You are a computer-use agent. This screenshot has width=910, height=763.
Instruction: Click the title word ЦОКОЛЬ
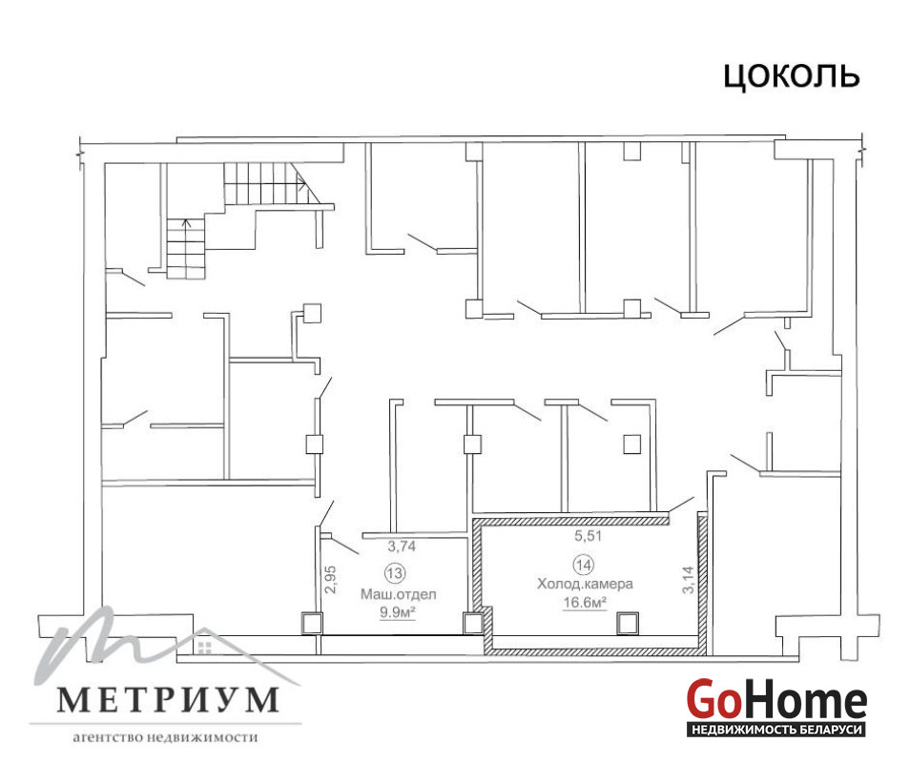click(791, 76)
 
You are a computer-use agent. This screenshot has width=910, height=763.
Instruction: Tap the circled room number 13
click(395, 573)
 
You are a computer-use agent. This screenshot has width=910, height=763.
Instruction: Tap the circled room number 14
click(583, 564)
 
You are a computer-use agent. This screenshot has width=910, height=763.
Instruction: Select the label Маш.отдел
click(398, 594)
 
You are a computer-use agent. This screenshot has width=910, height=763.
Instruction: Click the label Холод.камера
click(585, 584)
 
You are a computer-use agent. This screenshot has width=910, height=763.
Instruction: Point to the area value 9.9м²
click(398, 611)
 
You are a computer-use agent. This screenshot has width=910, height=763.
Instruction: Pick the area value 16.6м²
click(585, 602)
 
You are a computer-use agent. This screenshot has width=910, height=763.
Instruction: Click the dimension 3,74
click(402, 546)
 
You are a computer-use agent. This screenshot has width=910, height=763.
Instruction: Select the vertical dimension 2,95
click(331, 580)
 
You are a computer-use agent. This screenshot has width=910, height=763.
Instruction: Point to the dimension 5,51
click(588, 536)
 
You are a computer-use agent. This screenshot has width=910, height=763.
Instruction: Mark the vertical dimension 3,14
click(688, 580)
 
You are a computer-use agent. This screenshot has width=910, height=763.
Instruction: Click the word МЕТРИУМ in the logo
click(167, 700)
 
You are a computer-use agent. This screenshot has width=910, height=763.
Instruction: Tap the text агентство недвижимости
click(165, 737)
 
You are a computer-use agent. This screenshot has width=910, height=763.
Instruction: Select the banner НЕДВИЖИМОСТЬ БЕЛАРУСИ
click(776, 730)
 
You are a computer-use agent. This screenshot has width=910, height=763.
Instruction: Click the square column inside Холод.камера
click(628, 624)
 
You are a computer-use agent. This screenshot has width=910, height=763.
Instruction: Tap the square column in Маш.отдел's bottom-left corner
click(312, 623)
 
